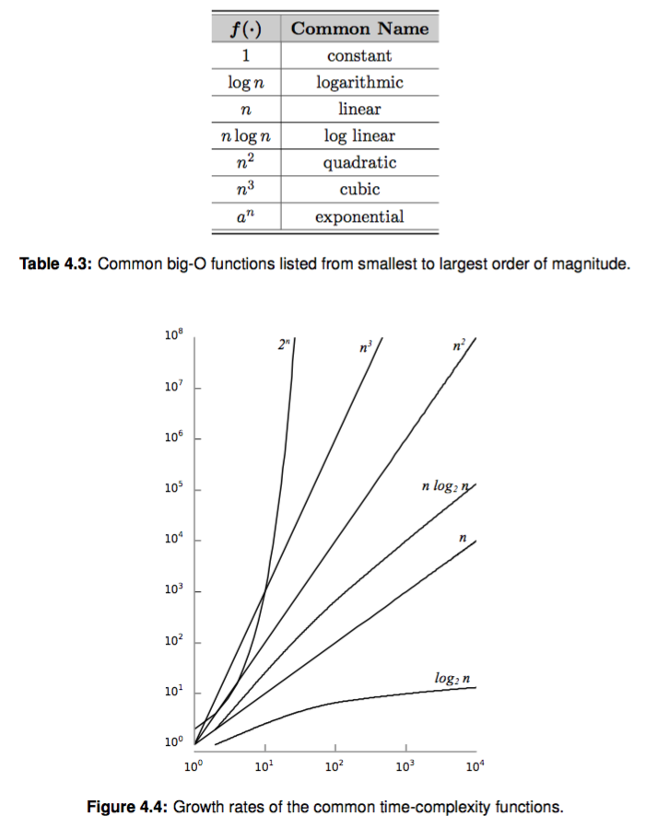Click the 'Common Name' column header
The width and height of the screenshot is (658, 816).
[359, 29]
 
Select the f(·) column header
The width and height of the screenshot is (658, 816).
[245, 29]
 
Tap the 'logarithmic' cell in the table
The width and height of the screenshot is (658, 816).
[359, 82]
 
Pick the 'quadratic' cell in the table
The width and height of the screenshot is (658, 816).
[359, 163]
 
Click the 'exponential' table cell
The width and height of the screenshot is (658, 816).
[359, 217]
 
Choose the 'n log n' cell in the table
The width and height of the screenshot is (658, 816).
[245, 136]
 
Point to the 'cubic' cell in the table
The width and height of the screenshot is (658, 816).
[359, 190]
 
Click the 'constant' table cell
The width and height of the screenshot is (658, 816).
[359, 55]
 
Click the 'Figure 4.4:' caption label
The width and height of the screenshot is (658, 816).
[126, 807]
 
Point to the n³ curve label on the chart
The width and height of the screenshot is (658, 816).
[365, 349]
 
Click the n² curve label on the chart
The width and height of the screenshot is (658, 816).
[459, 346]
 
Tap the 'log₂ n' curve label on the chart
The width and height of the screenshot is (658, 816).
[452, 678]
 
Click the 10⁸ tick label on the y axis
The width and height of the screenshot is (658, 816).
[175, 337]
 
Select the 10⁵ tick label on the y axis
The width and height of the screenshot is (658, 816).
[175, 488]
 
